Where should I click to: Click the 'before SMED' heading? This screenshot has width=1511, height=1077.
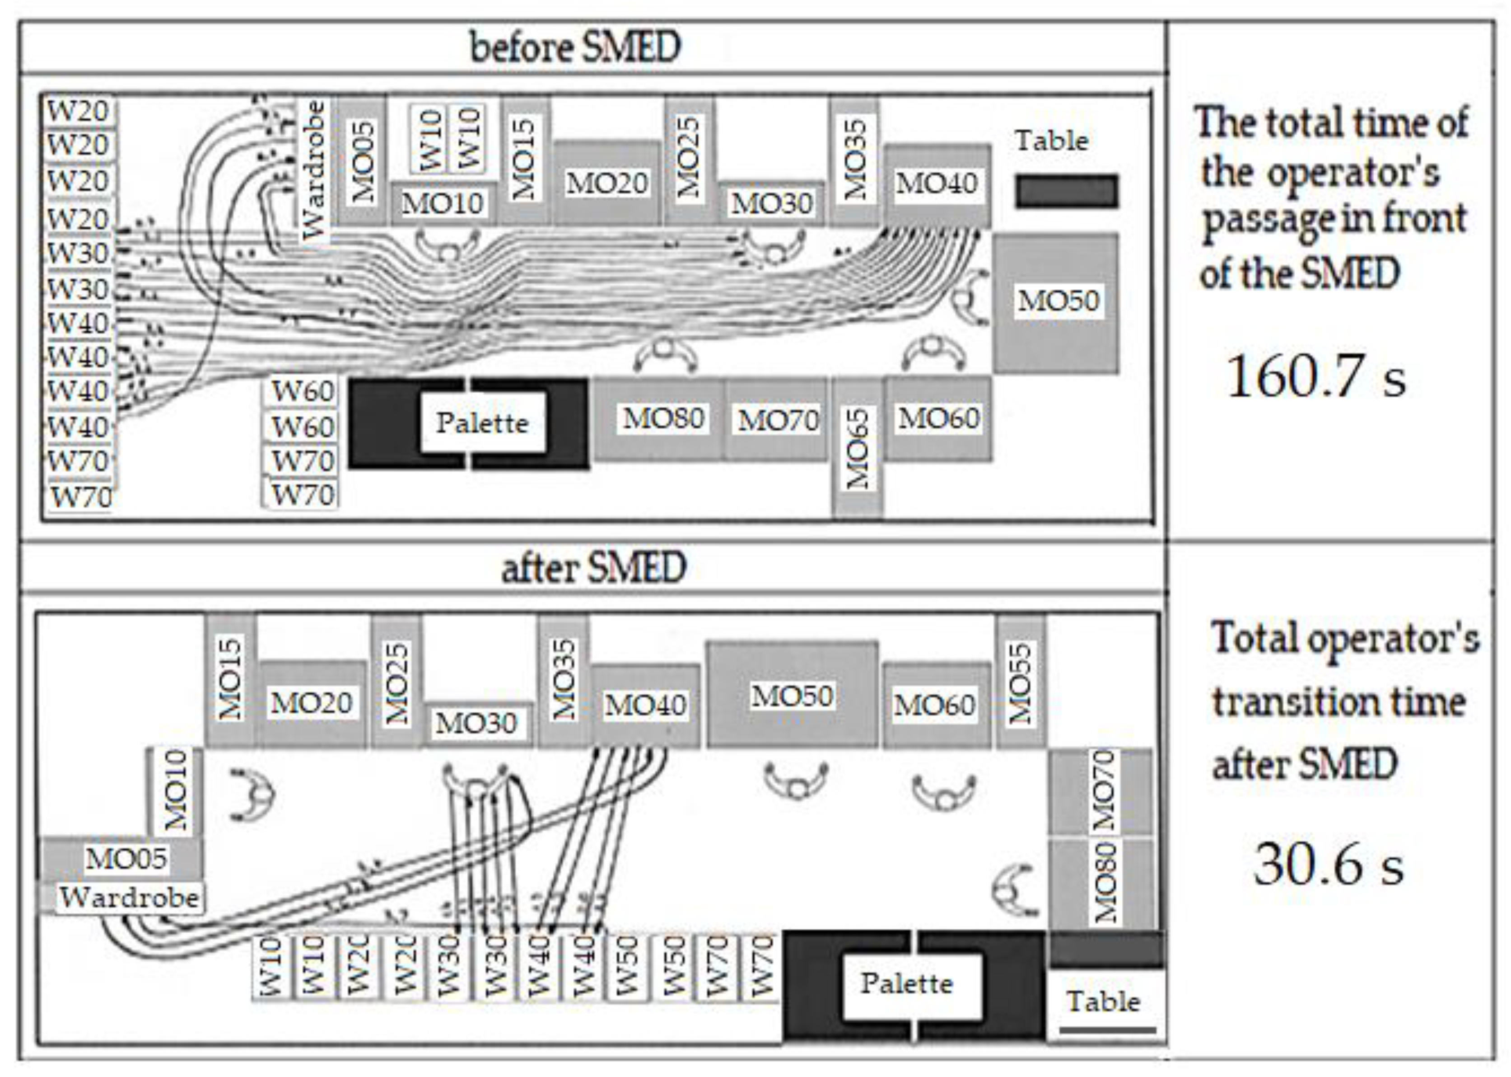575,48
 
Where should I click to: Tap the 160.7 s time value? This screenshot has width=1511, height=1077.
1315,376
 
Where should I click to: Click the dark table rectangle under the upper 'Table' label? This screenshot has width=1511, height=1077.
1066,191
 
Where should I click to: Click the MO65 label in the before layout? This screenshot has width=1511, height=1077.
857,449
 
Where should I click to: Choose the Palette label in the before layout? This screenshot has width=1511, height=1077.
482,423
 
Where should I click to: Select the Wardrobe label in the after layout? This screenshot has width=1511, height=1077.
129,898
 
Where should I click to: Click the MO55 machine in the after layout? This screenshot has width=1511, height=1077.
1020,682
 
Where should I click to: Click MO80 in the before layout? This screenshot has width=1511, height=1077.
663,419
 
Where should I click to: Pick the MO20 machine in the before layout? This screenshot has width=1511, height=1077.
606,183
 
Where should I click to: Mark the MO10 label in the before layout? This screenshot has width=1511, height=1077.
442,203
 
